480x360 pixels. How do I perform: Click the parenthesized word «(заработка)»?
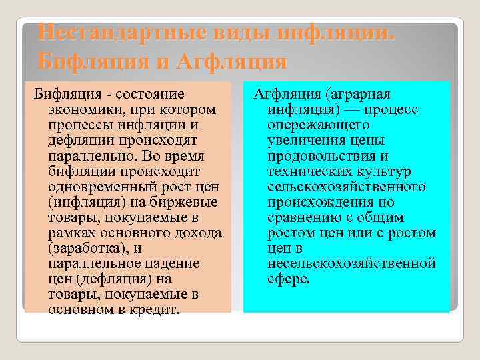pos(88,247)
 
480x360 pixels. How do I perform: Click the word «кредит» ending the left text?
pos(155,309)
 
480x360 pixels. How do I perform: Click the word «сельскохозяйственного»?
pos(347,186)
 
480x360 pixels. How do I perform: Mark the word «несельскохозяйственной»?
pos(352,263)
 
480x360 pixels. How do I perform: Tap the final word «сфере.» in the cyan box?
pos(289,278)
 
